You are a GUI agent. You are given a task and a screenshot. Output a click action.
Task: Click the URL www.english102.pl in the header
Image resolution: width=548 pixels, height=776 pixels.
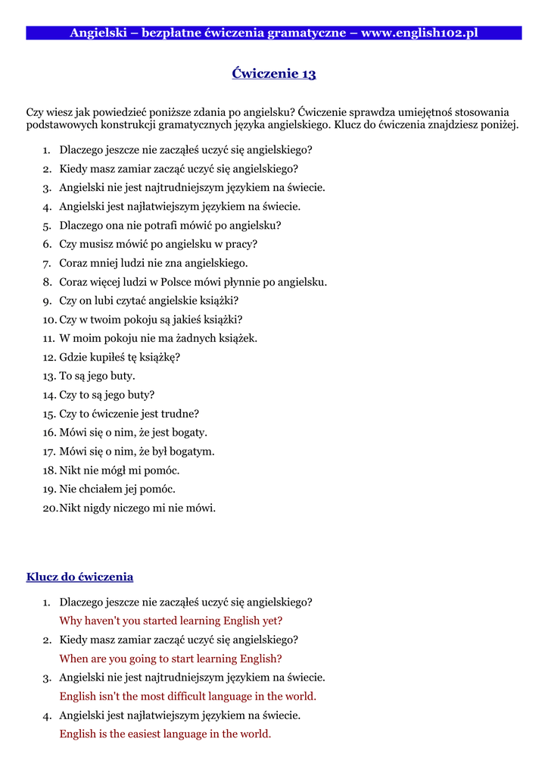(x=419, y=33)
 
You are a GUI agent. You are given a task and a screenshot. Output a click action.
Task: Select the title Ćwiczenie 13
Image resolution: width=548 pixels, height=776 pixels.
(x=273, y=74)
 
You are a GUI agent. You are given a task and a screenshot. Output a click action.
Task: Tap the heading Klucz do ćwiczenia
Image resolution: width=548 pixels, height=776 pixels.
(x=79, y=577)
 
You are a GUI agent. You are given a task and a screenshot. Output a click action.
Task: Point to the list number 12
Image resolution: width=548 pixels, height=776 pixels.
(x=49, y=357)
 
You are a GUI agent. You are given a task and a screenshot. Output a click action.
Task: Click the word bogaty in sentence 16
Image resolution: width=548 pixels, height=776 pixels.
(x=188, y=433)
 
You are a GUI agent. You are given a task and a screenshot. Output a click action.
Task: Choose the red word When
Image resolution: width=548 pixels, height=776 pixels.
(x=74, y=659)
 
